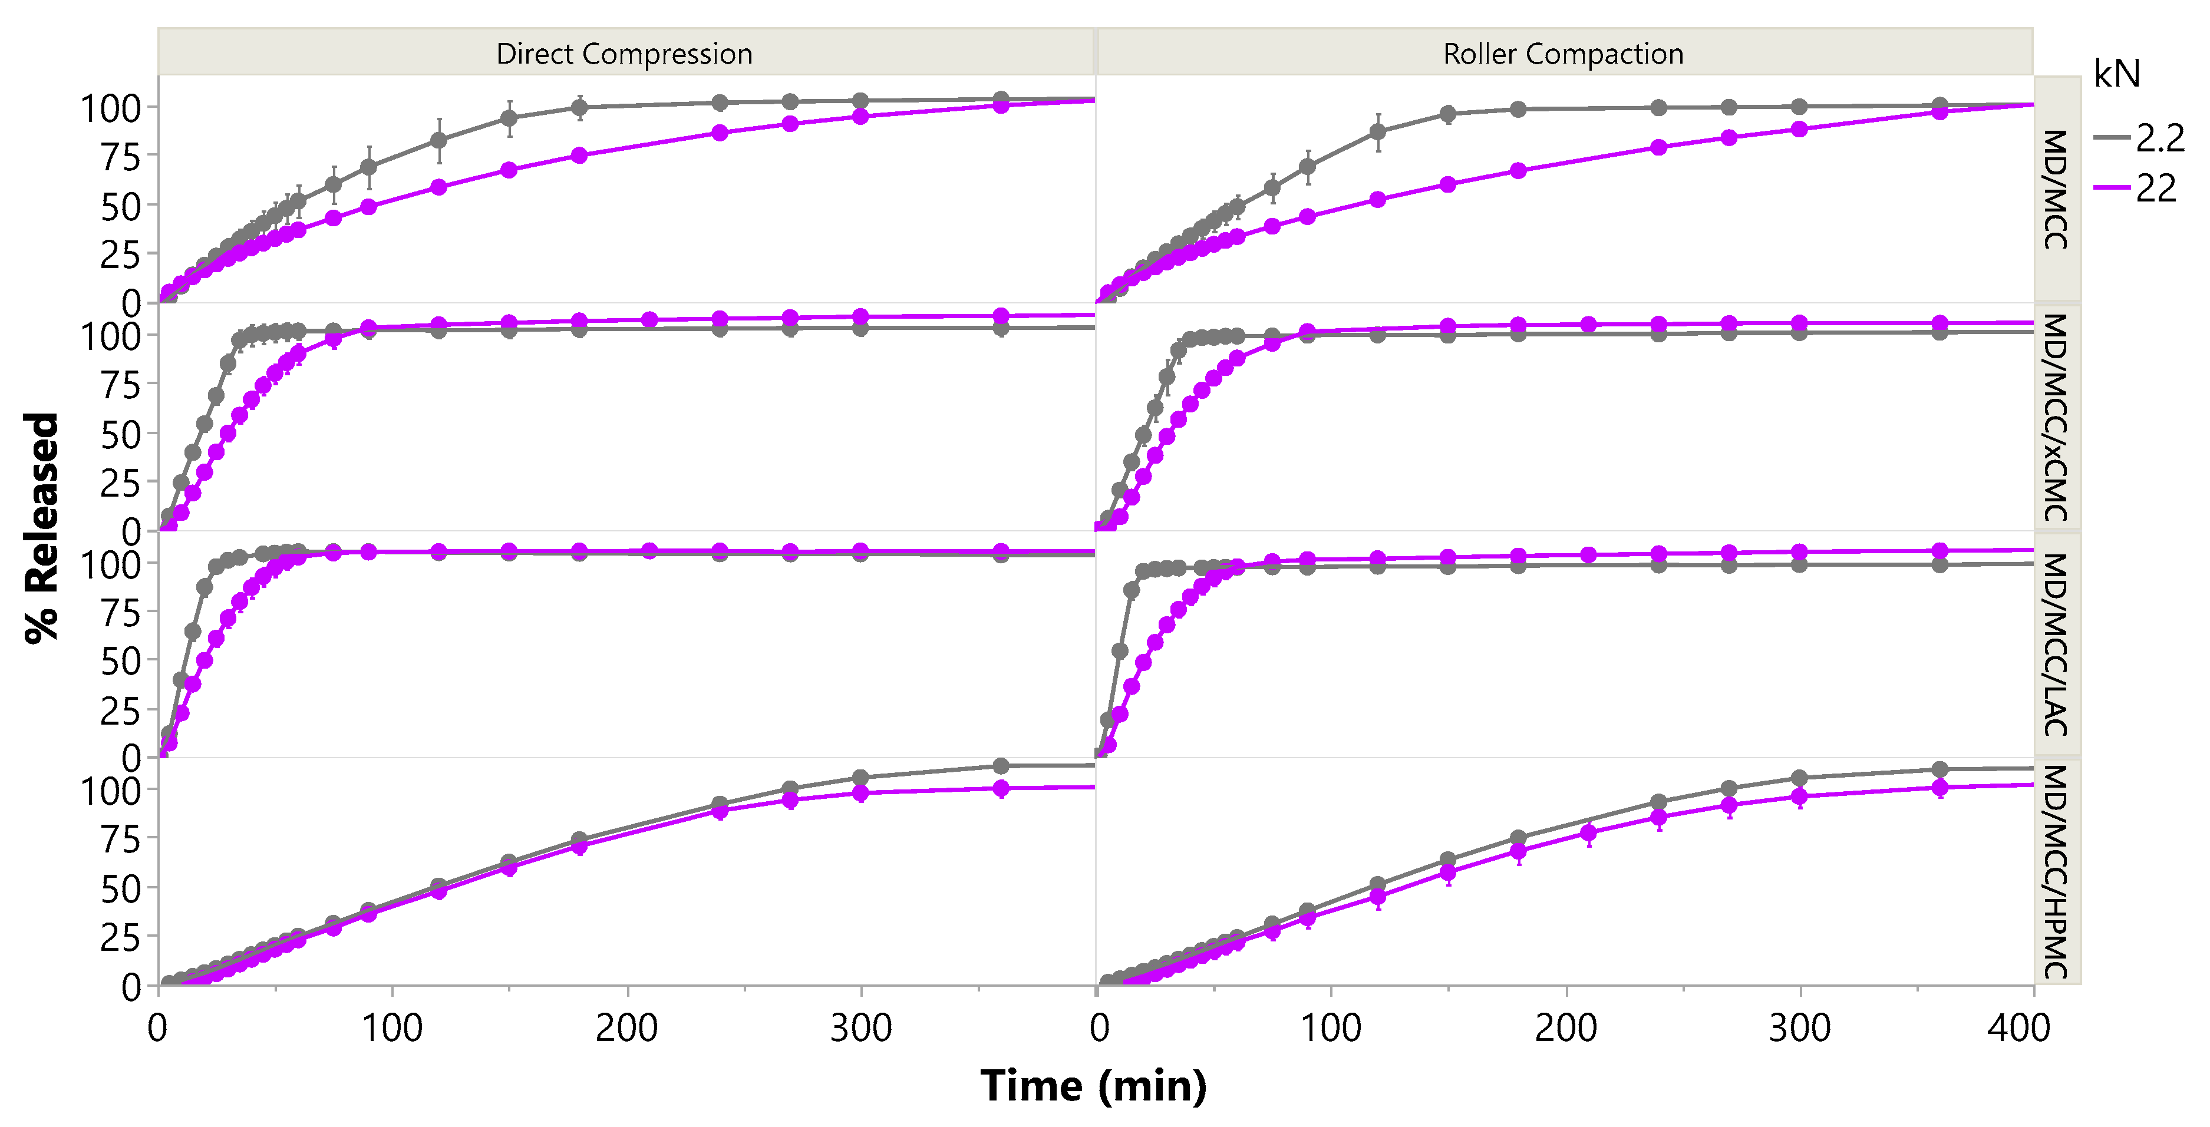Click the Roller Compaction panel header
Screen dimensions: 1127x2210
(1563, 53)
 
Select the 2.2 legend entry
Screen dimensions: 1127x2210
(2159, 138)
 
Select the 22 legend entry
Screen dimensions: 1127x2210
(2155, 189)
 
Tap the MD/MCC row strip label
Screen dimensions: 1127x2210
(2056, 189)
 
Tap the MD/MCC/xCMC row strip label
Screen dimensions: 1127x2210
(2056, 417)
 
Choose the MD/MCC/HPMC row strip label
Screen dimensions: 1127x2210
(2056, 871)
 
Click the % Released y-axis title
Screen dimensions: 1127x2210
(41, 527)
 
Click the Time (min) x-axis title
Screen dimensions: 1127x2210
(1093, 1086)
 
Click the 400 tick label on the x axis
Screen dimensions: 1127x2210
(2018, 1027)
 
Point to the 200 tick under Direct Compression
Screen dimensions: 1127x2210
(626, 1027)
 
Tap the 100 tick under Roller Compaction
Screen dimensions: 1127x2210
(1331, 1027)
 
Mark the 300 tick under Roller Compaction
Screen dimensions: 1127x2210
(1800, 1027)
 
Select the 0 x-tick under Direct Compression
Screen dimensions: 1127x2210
(158, 1027)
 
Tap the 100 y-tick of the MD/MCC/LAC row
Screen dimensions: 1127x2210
(110, 564)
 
